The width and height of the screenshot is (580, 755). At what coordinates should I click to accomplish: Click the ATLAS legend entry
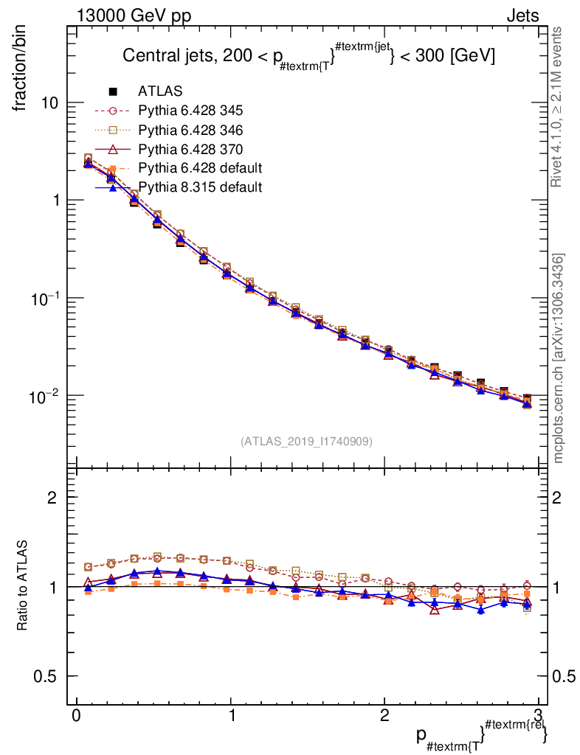click(160, 91)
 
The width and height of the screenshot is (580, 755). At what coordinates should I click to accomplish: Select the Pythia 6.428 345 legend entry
click(190, 111)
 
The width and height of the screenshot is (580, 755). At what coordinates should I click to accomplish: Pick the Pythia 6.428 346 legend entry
click(190, 130)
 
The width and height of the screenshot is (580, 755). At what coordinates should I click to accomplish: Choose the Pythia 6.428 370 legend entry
click(190, 149)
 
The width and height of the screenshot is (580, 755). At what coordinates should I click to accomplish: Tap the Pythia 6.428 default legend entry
click(200, 168)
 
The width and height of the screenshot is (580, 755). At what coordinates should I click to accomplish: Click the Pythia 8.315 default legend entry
click(200, 187)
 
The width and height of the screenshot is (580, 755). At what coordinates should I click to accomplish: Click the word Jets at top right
click(522, 16)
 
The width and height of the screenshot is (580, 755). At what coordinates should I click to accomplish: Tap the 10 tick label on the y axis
click(51, 103)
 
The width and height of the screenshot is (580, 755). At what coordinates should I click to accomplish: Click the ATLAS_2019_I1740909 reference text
click(306, 442)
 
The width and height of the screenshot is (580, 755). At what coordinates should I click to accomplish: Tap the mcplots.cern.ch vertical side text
click(559, 358)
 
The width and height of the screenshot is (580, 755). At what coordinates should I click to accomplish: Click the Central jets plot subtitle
click(308, 55)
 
